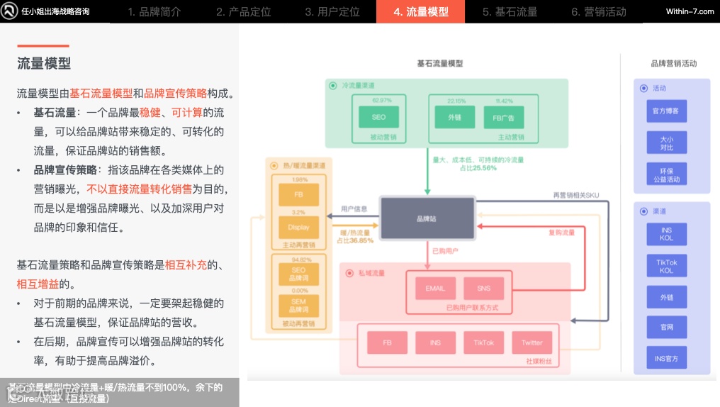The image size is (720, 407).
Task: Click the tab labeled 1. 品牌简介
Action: click(x=154, y=11)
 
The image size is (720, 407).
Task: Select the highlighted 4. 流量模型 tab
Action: click(x=420, y=11)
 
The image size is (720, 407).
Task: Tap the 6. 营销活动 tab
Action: click(x=599, y=11)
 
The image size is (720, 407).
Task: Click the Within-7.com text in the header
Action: click(x=690, y=11)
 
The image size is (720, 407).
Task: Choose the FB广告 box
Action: click(x=503, y=117)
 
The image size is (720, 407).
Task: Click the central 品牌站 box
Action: click(x=427, y=218)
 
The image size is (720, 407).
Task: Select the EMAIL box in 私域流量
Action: click(x=435, y=289)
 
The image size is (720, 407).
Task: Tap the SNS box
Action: click(x=483, y=289)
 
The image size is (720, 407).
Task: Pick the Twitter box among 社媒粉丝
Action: click(x=531, y=343)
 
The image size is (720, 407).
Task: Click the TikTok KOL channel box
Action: click(x=666, y=267)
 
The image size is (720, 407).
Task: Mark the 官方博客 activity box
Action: click(x=666, y=111)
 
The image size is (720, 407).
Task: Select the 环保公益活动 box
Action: click(x=666, y=175)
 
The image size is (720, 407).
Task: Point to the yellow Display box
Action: click(x=298, y=228)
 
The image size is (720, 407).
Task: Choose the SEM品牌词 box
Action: click(x=298, y=306)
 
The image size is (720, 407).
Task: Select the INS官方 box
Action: click(x=666, y=359)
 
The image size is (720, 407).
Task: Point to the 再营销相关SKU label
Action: click(x=575, y=195)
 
